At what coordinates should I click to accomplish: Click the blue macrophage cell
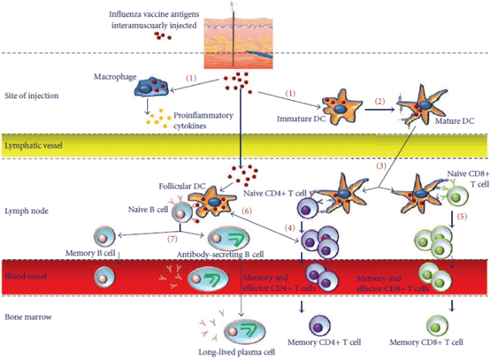(151, 87)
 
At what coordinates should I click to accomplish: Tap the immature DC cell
(341, 108)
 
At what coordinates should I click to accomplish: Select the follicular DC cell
(212, 201)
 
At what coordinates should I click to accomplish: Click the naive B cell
(182, 213)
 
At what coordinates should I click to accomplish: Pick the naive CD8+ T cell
(457, 197)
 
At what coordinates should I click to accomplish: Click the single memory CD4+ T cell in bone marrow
(319, 326)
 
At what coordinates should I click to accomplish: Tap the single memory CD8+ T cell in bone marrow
(437, 326)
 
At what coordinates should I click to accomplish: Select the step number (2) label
(379, 101)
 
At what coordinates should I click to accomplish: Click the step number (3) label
(381, 165)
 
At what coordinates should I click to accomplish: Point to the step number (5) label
(462, 216)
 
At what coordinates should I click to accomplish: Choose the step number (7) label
(172, 239)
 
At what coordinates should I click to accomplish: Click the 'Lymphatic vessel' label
(34, 146)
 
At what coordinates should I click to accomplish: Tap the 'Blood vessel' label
(26, 276)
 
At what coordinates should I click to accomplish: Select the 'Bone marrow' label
(28, 317)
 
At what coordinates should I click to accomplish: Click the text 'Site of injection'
(32, 96)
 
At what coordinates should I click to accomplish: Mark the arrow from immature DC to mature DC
(379, 110)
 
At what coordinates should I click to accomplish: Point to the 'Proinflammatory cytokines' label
(203, 120)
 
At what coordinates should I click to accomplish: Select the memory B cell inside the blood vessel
(104, 277)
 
